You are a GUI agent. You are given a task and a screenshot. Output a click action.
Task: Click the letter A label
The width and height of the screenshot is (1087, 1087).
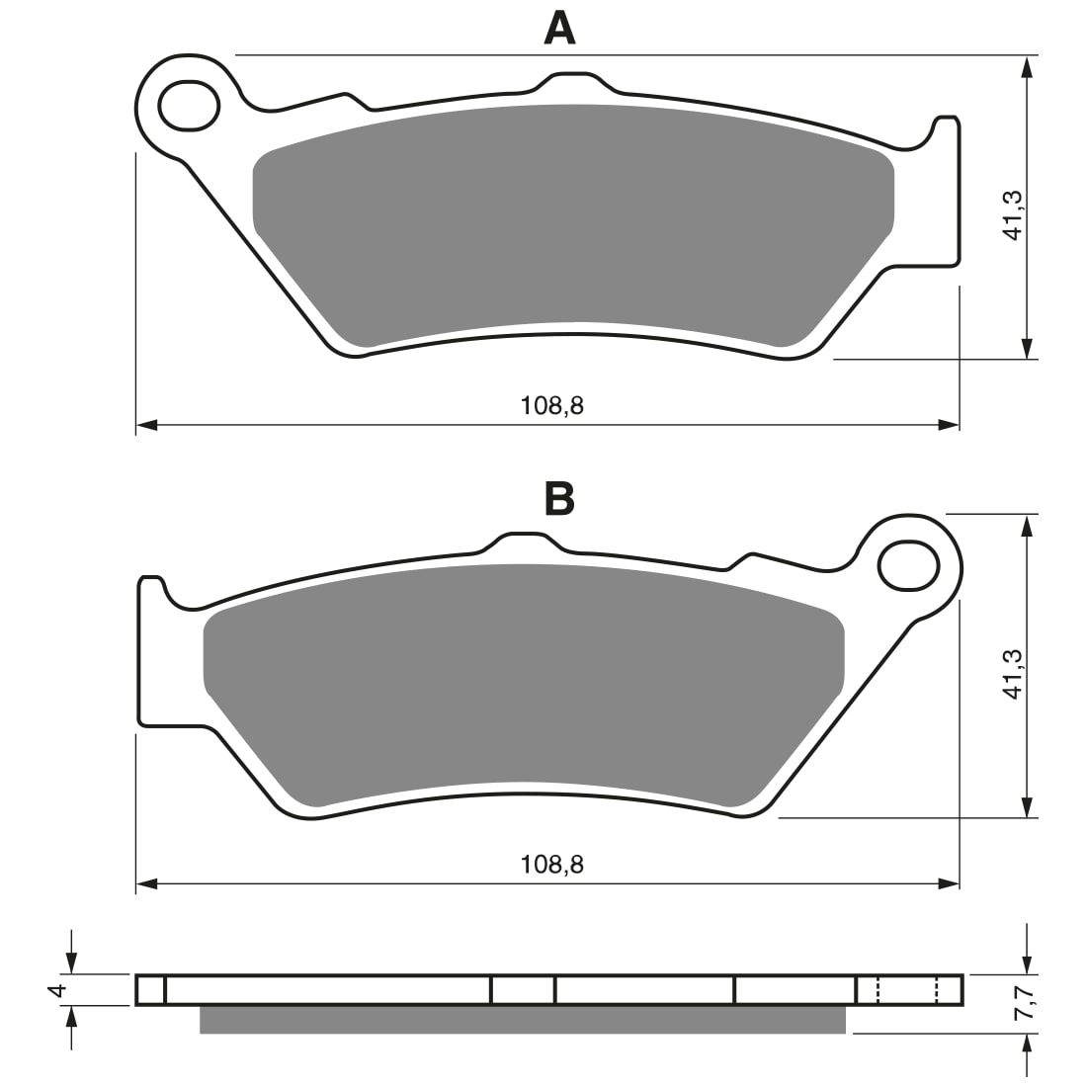pyautogui.click(x=559, y=28)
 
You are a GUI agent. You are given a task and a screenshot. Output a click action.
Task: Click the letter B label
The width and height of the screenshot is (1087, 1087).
pyautogui.click(x=559, y=499)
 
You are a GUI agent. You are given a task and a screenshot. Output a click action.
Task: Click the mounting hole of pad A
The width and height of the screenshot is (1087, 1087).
pyautogui.click(x=189, y=105)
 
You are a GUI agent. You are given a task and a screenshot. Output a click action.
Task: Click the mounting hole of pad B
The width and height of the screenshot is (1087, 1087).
pyautogui.click(x=908, y=565)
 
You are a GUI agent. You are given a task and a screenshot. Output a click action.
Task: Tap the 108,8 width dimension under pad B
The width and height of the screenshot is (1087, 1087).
pyautogui.click(x=552, y=865)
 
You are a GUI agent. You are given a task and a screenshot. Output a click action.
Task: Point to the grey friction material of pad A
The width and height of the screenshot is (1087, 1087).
pyautogui.click(x=573, y=212)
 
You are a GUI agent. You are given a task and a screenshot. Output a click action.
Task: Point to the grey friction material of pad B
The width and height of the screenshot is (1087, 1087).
pyautogui.click(x=524, y=672)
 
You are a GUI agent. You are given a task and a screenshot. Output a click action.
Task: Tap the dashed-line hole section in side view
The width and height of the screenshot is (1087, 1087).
pyautogui.click(x=906, y=990)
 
